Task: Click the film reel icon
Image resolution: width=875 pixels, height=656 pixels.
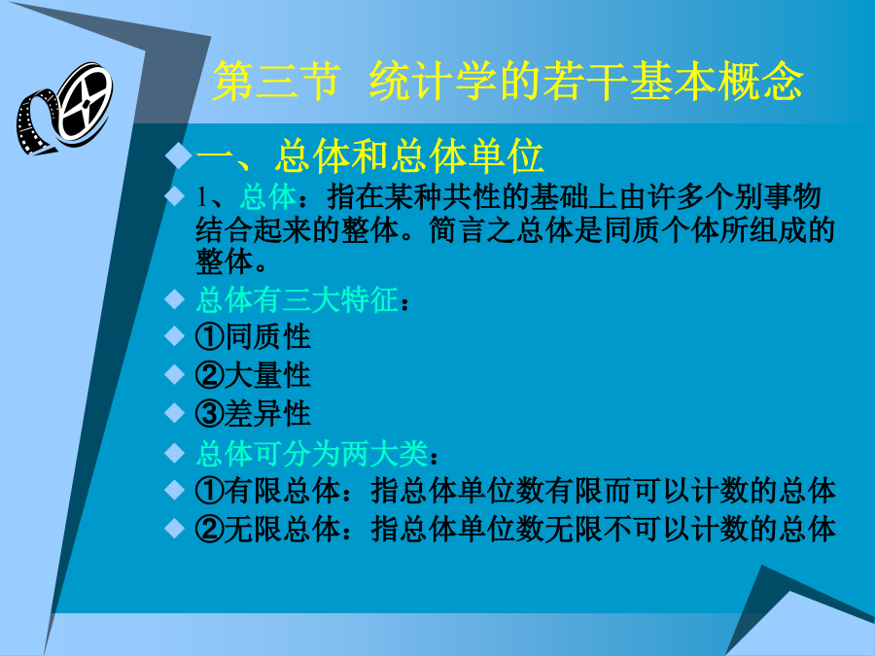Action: [x=63, y=108]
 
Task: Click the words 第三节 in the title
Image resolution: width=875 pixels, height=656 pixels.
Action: [x=276, y=82]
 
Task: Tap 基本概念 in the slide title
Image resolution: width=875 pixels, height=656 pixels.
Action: [x=717, y=82]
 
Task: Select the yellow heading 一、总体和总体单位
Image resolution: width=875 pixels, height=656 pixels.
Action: [x=369, y=156]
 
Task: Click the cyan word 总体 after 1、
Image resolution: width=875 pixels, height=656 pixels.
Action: [x=268, y=197]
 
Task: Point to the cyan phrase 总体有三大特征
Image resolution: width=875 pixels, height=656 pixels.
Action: [x=297, y=299]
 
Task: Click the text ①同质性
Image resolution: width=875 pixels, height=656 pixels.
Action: [x=253, y=337]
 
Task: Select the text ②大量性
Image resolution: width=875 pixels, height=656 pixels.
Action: [x=253, y=375]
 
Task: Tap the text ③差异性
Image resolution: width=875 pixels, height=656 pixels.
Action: [x=253, y=414]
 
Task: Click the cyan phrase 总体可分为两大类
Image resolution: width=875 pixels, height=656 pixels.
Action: [x=311, y=454]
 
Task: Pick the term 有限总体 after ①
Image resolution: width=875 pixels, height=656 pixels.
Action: [x=282, y=491]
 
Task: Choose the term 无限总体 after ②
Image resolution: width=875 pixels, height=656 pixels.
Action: [x=282, y=529]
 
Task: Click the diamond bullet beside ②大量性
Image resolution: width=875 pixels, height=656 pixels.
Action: [x=175, y=374]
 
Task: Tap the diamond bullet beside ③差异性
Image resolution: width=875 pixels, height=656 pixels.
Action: [x=175, y=413]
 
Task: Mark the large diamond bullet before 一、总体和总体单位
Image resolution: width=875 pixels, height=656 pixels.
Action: [x=179, y=155]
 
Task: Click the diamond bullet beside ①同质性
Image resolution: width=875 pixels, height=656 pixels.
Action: [x=175, y=336]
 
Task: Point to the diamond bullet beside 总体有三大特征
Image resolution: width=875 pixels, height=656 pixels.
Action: [x=175, y=299]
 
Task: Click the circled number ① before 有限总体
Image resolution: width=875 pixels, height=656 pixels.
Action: [x=210, y=491]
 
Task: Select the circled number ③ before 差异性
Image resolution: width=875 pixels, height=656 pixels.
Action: [x=210, y=414]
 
